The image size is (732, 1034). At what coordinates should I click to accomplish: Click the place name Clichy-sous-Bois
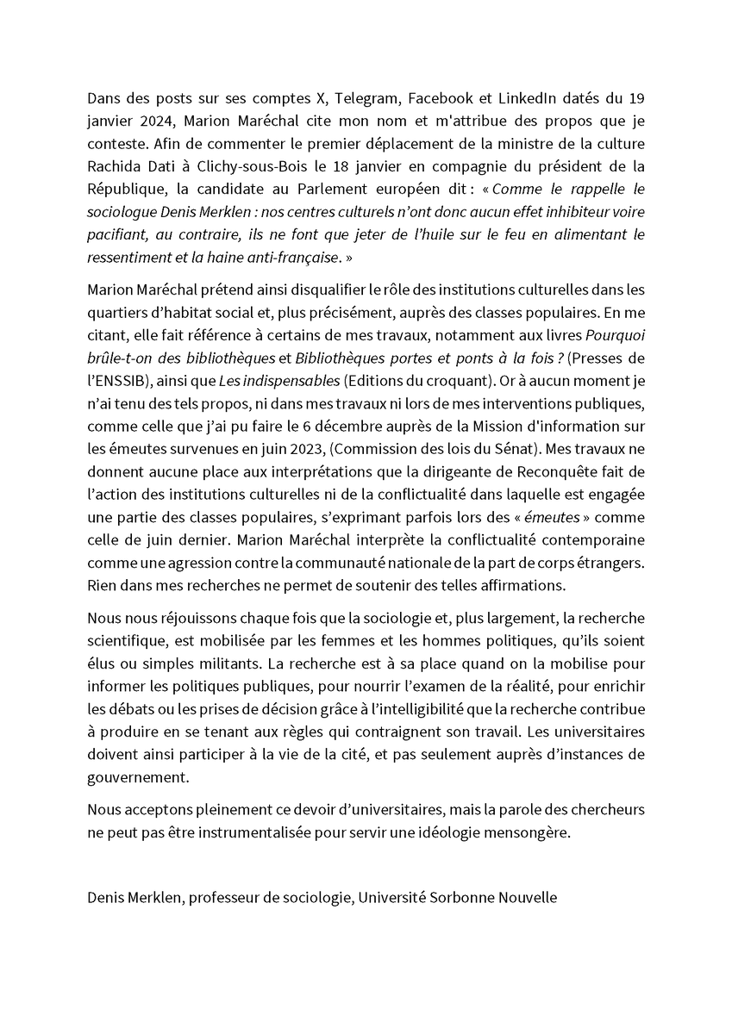(x=243, y=166)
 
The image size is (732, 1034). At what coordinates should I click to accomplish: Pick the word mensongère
(x=527, y=834)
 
